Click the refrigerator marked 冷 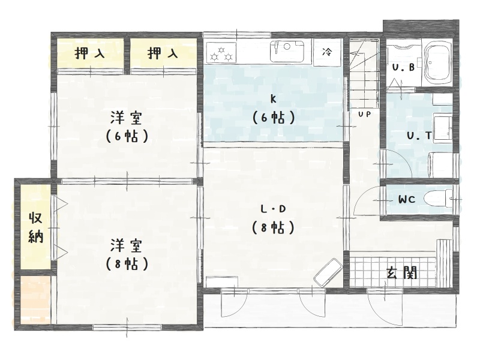[x=327, y=52]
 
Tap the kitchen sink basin [x=287, y=51]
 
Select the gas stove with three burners [x=221, y=52]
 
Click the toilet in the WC [x=438, y=199]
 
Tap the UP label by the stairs [x=364, y=114]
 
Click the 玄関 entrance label [x=401, y=272]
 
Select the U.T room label [x=419, y=136]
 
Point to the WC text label [x=407, y=200]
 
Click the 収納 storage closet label [x=36, y=227]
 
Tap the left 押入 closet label [x=89, y=53]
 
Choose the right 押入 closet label [x=163, y=53]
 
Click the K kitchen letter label [x=273, y=99]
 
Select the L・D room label [x=273, y=209]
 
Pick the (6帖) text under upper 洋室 [x=127, y=136]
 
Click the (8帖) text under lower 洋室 [x=127, y=264]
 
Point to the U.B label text [x=403, y=68]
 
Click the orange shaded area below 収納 [x=35, y=299]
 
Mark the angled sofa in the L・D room [x=328, y=272]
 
